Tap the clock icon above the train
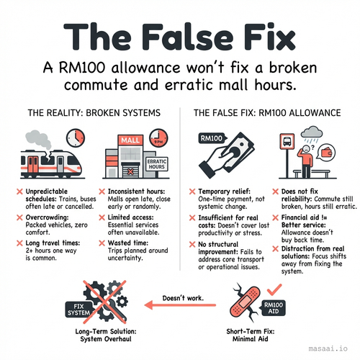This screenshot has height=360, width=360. (x=76, y=138)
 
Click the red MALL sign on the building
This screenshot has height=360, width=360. (x=130, y=140)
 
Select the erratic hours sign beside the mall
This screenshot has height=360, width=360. (x=157, y=164)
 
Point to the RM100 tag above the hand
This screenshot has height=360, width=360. (x=212, y=138)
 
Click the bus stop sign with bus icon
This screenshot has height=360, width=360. (x=287, y=141)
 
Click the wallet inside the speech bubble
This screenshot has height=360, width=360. (x=327, y=153)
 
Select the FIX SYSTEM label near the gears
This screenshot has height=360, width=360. (x=78, y=310)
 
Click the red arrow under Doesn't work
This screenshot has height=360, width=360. (x=180, y=305)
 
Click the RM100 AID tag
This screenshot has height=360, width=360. (x=273, y=308)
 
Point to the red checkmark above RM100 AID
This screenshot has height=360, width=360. (x=274, y=289)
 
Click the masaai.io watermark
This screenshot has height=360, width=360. (x=328, y=348)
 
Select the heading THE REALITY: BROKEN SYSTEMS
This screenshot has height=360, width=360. (x=94, y=113)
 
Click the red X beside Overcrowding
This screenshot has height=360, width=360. (x=19, y=217)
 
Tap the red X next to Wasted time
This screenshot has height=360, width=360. (x=102, y=243)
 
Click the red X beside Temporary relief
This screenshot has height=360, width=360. (x=192, y=192)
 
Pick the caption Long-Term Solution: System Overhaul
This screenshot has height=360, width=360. (x=106, y=335)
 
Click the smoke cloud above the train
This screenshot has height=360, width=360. (x=39, y=139)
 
